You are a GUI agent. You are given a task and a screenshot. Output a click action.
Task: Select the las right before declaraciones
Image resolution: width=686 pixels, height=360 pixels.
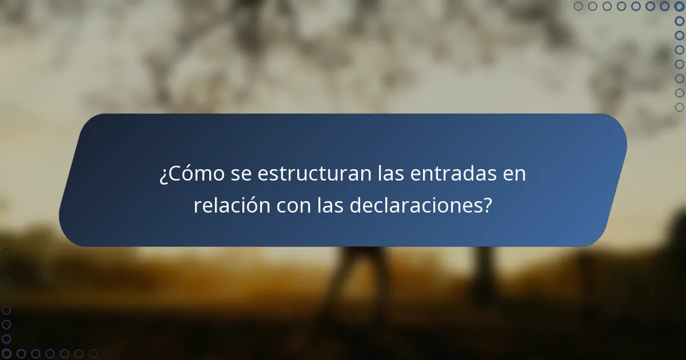click(x=330, y=206)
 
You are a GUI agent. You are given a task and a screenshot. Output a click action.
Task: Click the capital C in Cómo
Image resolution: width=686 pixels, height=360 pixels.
click(x=173, y=174)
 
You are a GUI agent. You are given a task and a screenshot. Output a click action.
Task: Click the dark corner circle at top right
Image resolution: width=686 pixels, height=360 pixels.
click(x=679, y=6)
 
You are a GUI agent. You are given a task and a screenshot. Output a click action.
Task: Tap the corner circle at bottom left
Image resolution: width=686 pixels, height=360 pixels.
click(x=6, y=354)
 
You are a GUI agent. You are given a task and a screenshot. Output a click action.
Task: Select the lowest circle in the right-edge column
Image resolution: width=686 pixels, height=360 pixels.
click(x=679, y=107)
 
